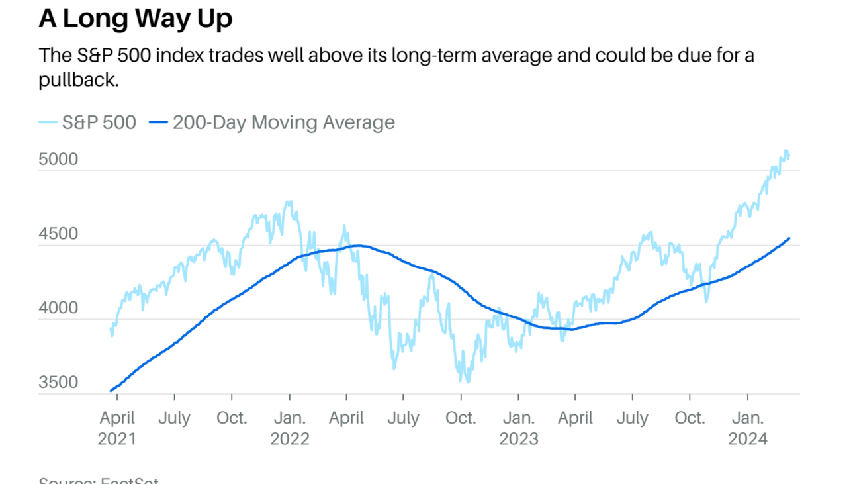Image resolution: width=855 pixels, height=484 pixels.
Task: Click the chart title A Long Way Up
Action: pyautogui.click(x=135, y=18)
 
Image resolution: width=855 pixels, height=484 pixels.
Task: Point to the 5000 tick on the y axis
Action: pyautogui.click(x=58, y=160)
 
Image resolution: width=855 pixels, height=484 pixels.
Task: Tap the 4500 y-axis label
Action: pyautogui.click(x=58, y=234)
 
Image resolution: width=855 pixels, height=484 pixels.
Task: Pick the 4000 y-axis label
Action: pyautogui.click(x=58, y=308)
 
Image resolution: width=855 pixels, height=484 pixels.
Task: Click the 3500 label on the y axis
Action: pyautogui.click(x=58, y=383)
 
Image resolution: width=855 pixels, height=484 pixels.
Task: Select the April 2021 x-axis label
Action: pyautogui.click(x=116, y=428)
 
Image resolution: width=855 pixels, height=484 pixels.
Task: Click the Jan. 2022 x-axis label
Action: pyautogui.click(x=290, y=428)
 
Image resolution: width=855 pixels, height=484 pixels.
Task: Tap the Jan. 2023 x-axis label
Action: pyautogui.click(x=519, y=428)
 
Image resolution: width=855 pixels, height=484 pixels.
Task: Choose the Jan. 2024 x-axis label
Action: pyautogui.click(x=748, y=428)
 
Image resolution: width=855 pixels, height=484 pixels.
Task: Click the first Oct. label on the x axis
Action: pyautogui.click(x=232, y=418)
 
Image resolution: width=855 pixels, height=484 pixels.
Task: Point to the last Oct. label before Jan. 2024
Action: pyautogui.click(x=690, y=418)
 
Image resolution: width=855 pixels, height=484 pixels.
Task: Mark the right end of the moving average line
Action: pyautogui.click(x=789, y=238)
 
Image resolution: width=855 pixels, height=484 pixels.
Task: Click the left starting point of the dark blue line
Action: pyautogui.click(x=111, y=391)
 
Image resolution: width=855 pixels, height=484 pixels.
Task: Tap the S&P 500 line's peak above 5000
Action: pyautogui.click(x=786, y=151)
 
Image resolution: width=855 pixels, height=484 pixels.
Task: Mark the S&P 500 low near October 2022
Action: pyautogui.click(x=467, y=382)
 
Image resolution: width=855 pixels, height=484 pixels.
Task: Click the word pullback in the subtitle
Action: pyautogui.click(x=78, y=80)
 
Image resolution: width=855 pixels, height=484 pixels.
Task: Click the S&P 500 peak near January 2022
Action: pyautogui.click(x=290, y=201)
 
